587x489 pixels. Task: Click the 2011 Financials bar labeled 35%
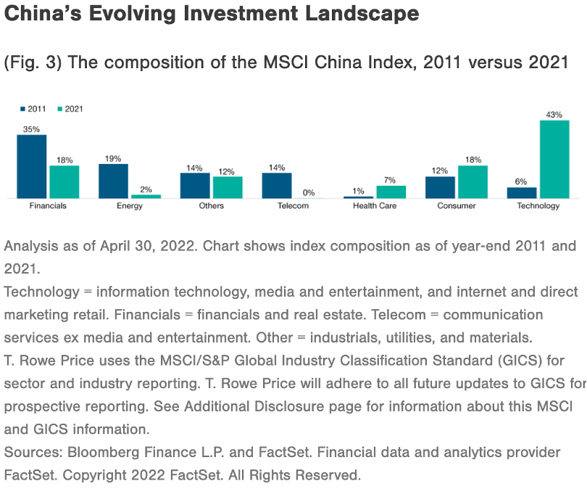(x=32, y=166)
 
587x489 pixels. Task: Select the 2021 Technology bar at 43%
(x=554, y=159)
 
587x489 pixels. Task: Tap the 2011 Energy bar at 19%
(x=113, y=181)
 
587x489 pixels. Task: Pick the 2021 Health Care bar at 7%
(x=391, y=192)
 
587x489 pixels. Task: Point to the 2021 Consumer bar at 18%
(x=472, y=181)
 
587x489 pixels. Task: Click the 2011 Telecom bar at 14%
(x=277, y=185)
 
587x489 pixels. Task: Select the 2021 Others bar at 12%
(x=228, y=187)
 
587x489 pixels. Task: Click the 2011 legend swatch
(x=22, y=109)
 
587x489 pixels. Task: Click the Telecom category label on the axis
(x=293, y=206)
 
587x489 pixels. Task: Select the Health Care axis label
(x=375, y=206)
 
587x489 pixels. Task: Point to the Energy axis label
(x=130, y=206)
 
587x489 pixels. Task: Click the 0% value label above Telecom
(x=309, y=193)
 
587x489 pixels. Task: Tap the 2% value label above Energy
(x=146, y=189)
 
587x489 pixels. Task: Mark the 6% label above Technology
(x=521, y=181)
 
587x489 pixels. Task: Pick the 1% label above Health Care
(x=358, y=191)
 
